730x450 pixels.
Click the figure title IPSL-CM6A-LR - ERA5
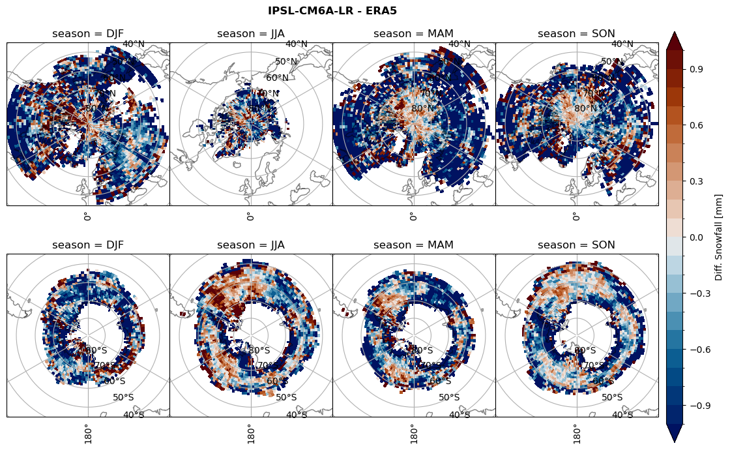[332, 10]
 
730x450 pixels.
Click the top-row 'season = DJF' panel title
[88, 34]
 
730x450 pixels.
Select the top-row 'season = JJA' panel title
[251, 34]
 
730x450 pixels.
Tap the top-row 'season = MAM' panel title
[413, 34]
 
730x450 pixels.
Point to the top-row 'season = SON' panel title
[576, 34]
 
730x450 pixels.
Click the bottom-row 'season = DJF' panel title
[88, 245]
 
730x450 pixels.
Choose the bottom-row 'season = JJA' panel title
[251, 245]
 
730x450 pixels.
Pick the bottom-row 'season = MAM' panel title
[413, 245]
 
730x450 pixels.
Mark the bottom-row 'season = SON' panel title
[576, 245]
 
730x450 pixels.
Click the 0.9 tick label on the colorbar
[697, 68]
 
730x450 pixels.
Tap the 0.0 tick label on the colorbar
[697, 237]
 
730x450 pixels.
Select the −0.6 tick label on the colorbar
[699, 350]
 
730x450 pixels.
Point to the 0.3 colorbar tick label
[697, 181]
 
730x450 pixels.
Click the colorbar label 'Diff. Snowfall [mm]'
[719, 237]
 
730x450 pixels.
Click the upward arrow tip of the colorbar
[675, 33]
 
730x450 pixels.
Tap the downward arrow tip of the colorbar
[675, 441]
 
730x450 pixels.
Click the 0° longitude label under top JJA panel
[250, 217]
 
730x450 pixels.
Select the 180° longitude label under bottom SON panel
[576, 433]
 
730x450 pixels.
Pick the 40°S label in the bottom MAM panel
[460, 415]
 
